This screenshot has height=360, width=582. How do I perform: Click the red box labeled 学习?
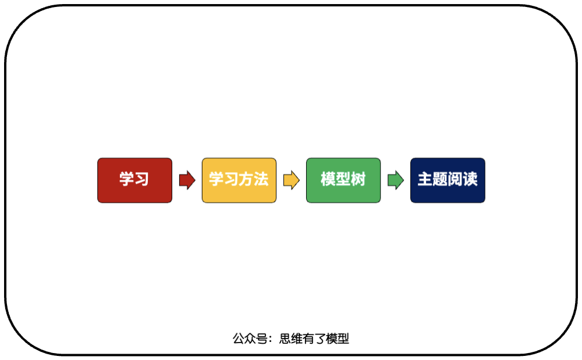point(134,180)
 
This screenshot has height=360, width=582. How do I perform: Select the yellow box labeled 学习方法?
point(239,180)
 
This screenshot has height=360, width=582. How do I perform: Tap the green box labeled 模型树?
point(343,180)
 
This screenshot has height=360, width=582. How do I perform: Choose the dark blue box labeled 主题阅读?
point(448,180)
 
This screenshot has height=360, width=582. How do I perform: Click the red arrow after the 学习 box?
point(187,180)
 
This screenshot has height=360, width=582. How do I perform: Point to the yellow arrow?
point(291,180)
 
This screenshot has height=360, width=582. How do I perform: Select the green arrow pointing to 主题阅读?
point(395,180)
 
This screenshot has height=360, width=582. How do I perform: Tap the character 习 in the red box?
point(142,179)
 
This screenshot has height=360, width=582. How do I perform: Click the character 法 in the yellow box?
point(261,179)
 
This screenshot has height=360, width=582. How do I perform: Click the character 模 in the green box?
point(328,179)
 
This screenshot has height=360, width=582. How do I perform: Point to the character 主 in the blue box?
point(425,179)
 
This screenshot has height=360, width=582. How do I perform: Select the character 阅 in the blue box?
point(455,179)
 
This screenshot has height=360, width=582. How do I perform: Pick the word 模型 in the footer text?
point(338,338)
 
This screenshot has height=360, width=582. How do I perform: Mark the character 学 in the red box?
point(127,179)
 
